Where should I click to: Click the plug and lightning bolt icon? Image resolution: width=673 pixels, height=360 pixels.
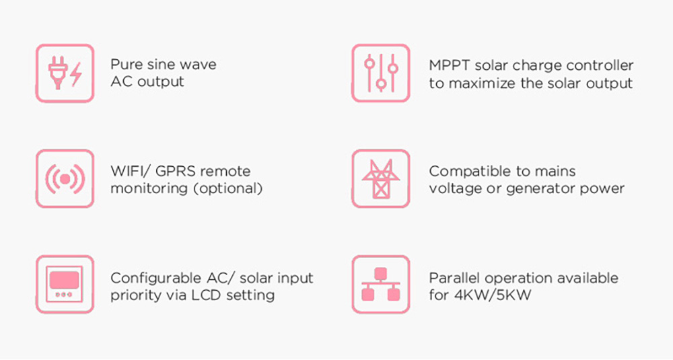[65, 73]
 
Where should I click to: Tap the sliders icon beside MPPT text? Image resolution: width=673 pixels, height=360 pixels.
[381, 73]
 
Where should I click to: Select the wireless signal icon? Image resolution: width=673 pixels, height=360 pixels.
[65, 178]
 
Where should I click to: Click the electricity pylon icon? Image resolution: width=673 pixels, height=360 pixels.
[381, 178]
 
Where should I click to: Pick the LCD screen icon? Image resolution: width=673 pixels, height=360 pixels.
[65, 284]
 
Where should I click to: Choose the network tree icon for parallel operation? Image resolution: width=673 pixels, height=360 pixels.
[381, 284]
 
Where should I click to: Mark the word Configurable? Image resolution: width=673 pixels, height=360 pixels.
[156, 279]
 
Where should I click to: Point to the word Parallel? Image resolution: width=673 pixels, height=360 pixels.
[454, 278]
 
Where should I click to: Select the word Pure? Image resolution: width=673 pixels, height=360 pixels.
[125, 65]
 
